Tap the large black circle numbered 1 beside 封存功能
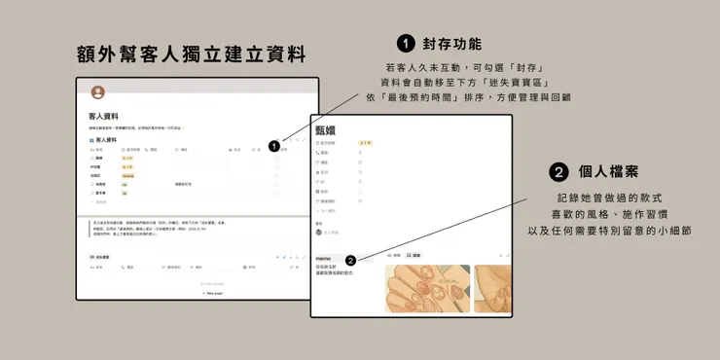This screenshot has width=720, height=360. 407,44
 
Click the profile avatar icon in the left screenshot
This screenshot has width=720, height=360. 97,92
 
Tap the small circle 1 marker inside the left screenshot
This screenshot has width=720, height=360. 274,146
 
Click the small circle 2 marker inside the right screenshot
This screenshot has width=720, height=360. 350,260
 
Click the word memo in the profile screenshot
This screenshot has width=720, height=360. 325,258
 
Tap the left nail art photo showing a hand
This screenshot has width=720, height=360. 427,289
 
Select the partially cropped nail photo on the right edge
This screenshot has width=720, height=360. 493,289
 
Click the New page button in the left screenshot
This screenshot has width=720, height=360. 211,292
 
